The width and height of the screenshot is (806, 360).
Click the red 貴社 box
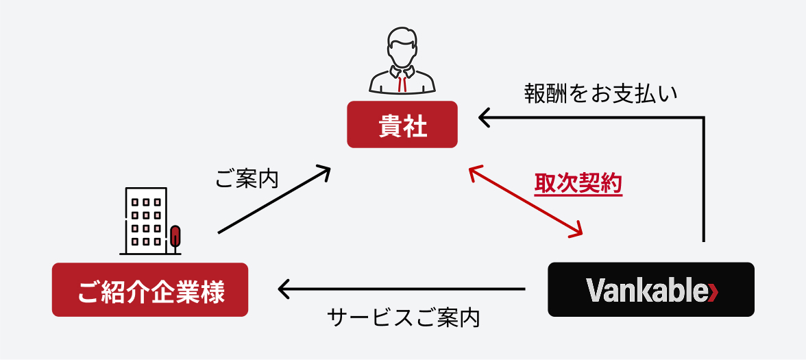click(402, 124)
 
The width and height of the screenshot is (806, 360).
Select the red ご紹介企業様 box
click(149, 289)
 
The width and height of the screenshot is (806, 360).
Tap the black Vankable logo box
click(650, 289)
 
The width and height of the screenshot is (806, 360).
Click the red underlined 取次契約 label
click(578, 184)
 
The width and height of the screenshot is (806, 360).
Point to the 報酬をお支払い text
click(600, 93)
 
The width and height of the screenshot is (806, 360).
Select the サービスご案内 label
click(404, 318)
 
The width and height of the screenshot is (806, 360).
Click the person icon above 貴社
click(402, 62)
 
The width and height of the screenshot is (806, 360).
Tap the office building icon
click(145, 219)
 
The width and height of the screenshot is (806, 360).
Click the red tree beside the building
click(176, 236)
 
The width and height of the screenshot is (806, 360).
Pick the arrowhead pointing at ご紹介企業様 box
click(283, 289)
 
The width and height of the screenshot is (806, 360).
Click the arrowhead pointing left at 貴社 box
click(484, 118)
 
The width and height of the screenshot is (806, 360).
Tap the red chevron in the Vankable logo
click(713, 291)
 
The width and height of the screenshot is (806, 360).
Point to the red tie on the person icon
click(402, 82)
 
